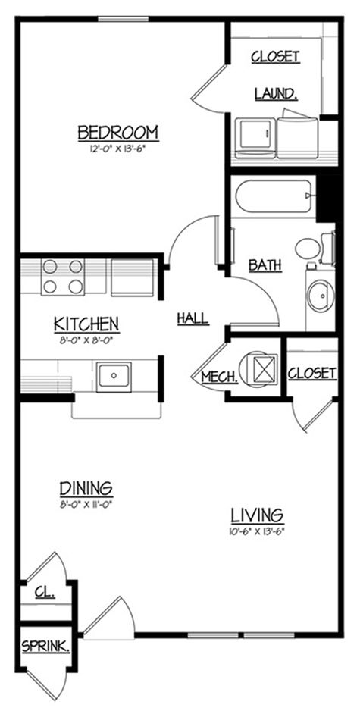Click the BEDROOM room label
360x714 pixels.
(x=118, y=133)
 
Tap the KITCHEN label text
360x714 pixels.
(x=86, y=324)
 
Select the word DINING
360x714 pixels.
(x=85, y=487)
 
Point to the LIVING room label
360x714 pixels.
(x=257, y=515)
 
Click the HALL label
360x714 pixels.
(x=193, y=318)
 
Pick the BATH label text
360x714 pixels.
(x=265, y=265)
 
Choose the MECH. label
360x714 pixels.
(x=220, y=377)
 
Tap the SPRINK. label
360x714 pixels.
(x=46, y=647)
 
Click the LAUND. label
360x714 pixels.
(x=275, y=93)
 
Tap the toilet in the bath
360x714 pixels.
(x=312, y=247)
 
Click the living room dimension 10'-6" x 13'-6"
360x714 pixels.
(x=257, y=531)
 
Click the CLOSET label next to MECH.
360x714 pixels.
(x=312, y=374)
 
